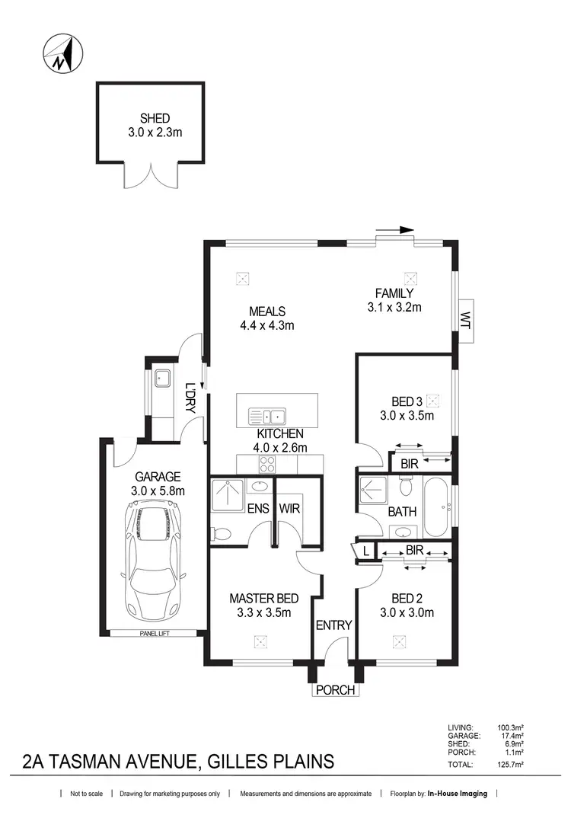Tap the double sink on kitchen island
coord(266,416)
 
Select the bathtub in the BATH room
coord(436,507)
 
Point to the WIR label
coord(289,508)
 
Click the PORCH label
coord(335,690)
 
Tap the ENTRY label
coord(333,625)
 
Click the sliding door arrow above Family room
coord(396,229)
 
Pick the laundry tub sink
coord(162,379)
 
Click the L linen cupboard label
coord(366,550)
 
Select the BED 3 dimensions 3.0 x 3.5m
coord(407,416)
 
